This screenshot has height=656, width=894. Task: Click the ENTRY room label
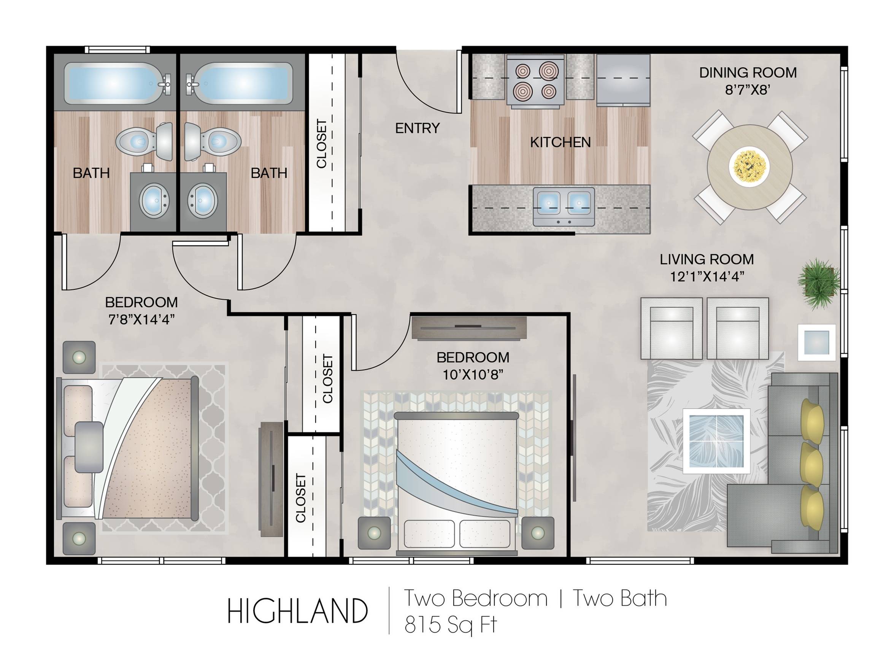pyautogui.click(x=417, y=128)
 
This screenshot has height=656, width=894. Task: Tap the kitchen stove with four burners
pyautogui.click(x=535, y=82)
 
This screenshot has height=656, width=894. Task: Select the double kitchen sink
pyautogui.click(x=563, y=206)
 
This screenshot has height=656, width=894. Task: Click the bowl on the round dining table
pyautogui.click(x=749, y=166)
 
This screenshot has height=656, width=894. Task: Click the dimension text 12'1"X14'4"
pyautogui.click(x=707, y=276)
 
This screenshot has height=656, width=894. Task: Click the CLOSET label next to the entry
pyautogui.click(x=321, y=144)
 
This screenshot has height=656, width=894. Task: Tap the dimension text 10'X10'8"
pyautogui.click(x=473, y=375)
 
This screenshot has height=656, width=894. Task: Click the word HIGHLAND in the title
pyautogui.click(x=297, y=612)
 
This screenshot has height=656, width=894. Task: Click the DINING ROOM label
pyautogui.click(x=748, y=73)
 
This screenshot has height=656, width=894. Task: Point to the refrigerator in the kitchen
pyautogui.click(x=623, y=81)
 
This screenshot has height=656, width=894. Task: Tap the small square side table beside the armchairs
pyautogui.click(x=816, y=342)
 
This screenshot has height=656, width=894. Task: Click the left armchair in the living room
pyautogui.click(x=671, y=329)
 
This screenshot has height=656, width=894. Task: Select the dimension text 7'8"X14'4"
pyautogui.click(x=141, y=319)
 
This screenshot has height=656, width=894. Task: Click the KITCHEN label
pyautogui.click(x=560, y=142)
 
